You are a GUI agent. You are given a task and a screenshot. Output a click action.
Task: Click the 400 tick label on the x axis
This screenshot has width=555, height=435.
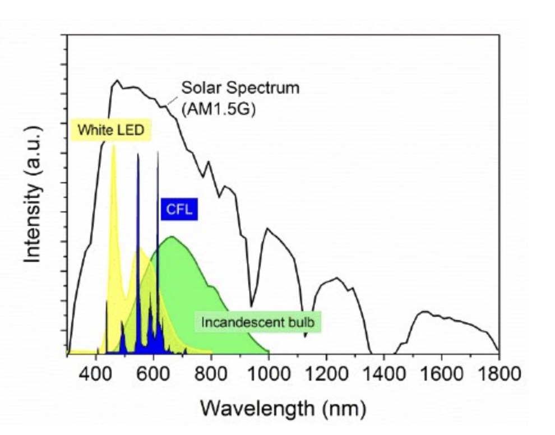(x=96, y=374)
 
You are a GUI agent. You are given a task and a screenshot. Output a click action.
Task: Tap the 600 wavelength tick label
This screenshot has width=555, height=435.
(x=154, y=374)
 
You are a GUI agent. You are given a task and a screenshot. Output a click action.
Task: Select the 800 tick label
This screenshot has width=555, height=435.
(x=211, y=374)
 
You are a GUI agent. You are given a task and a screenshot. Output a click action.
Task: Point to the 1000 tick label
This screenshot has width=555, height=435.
(x=269, y=374)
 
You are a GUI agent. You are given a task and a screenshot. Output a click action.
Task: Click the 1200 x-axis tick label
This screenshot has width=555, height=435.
(x=326, y=374)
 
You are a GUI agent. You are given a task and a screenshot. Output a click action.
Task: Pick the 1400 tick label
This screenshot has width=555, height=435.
(x=384, y=374)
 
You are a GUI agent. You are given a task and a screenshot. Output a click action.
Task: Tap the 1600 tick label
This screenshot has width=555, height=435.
(x=441, y=374)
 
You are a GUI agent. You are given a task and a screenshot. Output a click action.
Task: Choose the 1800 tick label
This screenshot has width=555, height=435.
(x=499, y=374)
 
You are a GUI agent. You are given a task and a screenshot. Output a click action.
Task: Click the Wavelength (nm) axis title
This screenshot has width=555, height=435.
(x=283, y=409)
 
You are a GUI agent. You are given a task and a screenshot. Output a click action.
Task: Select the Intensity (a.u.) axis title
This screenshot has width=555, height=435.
(x=33, y=194)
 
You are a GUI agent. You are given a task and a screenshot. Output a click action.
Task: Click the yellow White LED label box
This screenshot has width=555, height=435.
(x=111, y=130)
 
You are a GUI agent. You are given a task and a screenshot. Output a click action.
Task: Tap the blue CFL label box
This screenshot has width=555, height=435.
(x=179, y=209)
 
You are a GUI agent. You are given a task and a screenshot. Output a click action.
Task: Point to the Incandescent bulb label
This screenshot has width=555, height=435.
(x=258, y=322)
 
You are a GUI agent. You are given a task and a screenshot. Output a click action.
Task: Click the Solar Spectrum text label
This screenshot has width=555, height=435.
(x=240, y=88)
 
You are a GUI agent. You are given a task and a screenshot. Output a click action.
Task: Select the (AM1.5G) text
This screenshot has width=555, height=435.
(x=219, y=109)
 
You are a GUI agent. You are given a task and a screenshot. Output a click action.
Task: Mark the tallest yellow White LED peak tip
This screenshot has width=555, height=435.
(x=114, y=145)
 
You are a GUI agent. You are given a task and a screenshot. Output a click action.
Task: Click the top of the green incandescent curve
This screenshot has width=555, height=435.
(x=172, y=237)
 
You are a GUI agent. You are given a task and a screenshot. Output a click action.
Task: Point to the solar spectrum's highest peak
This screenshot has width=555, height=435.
(x=117, y=80)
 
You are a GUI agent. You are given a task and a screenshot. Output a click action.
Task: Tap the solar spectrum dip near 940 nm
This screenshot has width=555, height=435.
(x=251, y=307)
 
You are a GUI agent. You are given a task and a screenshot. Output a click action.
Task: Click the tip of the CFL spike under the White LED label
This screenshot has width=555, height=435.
(x=138, y=153)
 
